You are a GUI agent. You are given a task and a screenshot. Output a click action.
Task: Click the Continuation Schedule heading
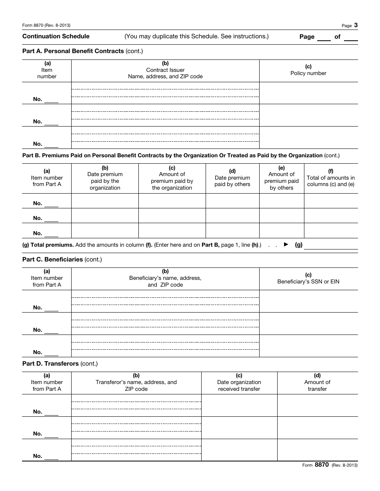coord(56,36)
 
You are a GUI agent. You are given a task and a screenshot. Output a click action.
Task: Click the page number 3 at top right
coord(356,25)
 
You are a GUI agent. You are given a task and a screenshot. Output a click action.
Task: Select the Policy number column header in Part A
coord(308,70)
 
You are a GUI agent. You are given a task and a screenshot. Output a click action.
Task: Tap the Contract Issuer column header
coord(165,70)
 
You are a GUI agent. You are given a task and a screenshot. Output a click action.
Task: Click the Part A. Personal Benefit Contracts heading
coord(82,51)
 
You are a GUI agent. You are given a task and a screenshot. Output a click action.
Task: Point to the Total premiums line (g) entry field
coord(331,245)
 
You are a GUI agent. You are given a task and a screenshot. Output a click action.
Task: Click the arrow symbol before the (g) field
coord(286,244)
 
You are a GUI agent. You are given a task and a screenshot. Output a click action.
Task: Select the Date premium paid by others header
coord(232,178)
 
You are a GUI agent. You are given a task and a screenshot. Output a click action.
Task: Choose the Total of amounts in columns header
coord(331,178)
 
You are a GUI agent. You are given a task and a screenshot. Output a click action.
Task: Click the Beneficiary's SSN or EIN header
coord(308,278)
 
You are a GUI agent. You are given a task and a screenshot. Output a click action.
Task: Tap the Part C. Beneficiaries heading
coord(62,259)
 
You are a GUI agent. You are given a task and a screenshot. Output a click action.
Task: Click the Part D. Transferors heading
coord(60,364)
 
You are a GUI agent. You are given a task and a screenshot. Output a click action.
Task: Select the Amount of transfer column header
coord(317,382)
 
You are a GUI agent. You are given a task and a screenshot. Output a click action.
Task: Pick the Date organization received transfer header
coord(239,382)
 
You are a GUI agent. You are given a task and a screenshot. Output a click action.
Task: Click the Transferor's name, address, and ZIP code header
coord(136,382)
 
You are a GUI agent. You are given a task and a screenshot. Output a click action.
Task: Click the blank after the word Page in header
coord(324,37)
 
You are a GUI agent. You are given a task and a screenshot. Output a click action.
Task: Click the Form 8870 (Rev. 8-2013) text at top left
coord(46,26)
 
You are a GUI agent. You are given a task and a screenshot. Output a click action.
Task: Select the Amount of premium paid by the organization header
coord(172,178)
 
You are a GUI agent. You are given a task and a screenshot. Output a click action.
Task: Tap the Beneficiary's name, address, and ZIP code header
coord(165,278)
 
